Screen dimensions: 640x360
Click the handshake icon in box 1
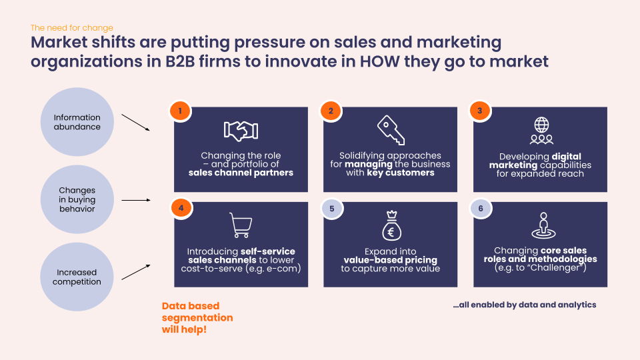tap(241, 131)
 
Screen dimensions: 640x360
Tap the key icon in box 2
tap(391, 130)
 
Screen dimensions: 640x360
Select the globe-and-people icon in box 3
tap(541, 131)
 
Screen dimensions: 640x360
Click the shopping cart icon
tap(241, 225)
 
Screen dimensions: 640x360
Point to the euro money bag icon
tap(391, 226)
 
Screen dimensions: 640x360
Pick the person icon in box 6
tap(543, 225)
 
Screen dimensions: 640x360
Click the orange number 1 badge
tap(180, 111)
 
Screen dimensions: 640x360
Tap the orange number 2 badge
tap(331, 111)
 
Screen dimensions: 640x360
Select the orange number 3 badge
tap(479, 111)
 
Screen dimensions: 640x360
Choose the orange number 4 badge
tap(181, 208)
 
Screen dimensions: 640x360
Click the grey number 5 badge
tap(332, 209)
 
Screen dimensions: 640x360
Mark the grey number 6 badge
tap(481, 209)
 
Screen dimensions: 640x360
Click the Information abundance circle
tap(77, 122)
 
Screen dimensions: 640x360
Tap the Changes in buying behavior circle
tap(77, 199)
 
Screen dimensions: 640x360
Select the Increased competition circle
tap(77, 277)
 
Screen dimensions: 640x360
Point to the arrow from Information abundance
tap(136, 123)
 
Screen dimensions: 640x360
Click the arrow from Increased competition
tap(136, 272)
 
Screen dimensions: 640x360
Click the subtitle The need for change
tap(72, 28)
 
